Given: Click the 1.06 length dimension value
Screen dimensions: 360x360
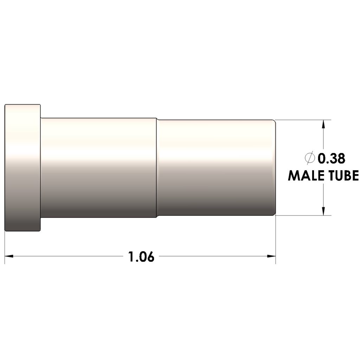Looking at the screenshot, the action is pyautogui.click(x=141, y=257).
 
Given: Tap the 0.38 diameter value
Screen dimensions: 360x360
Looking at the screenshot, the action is pyautogui.click(x=331, y=159).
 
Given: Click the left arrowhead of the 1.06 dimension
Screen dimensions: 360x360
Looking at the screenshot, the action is pyautogui.click(x=9, y=256).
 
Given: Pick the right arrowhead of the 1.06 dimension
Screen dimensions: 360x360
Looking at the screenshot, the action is pyautogui.click(x=271, y=256).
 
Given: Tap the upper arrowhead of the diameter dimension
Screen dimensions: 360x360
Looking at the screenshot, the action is pyautogui.click(x=323, y=124).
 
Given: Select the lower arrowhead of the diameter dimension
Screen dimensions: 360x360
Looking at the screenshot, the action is pyautogui.click(x=323, y=211).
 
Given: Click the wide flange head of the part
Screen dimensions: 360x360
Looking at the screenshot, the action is pyautogui.click(x=23, y=168).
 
